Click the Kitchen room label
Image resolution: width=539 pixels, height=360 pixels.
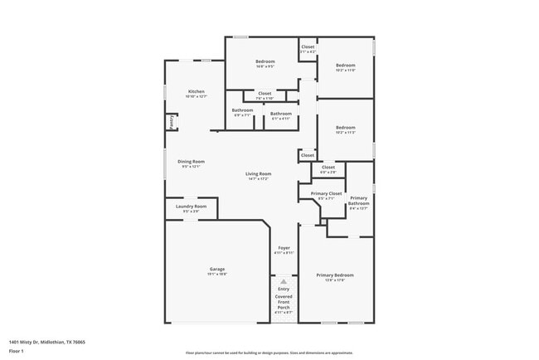pyautogui.click(x=196, y=91)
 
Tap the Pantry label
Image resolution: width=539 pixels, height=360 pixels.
pyautogui.click(x=172, y=121)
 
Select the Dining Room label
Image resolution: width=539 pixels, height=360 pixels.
pyautogui.click(x=192, y=161)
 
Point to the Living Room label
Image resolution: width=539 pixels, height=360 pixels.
pyautogui.click(x=259, y=173)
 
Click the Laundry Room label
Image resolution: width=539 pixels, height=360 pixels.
pyautogui.click(x=191, y=206)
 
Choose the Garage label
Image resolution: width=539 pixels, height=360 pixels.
pyautogui.click(x=217, y=269)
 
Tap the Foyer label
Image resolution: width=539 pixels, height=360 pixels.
pyautogui.click(x=284, y=248)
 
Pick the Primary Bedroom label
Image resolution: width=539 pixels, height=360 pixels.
pyautogui.click(x=335, y=275)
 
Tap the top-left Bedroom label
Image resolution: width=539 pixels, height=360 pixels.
pyautogui.click(x=265, y=61)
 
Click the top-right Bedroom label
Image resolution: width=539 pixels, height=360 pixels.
pyautogui.click(x=345, y=65)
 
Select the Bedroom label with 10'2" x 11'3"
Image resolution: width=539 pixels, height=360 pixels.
pyautogui.click(x=345, y=128)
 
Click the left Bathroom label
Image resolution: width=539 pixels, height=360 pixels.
pyautogui.click(x=242, y=110)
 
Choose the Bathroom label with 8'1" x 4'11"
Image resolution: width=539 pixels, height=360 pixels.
pyautogui.click(x=281, y=114)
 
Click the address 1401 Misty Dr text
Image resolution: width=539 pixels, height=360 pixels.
pyautogui.click(x=48, y=341)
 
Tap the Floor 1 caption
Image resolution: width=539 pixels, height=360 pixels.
pyautogui.click(x=17, y=352)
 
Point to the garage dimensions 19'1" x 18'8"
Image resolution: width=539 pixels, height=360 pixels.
pyautogui.click(x=217, y=274)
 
